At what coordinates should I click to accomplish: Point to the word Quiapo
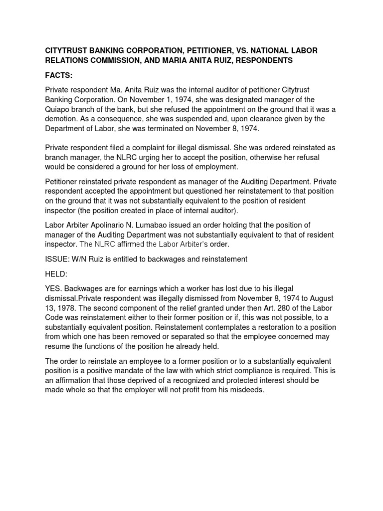(x=58, y=109)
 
